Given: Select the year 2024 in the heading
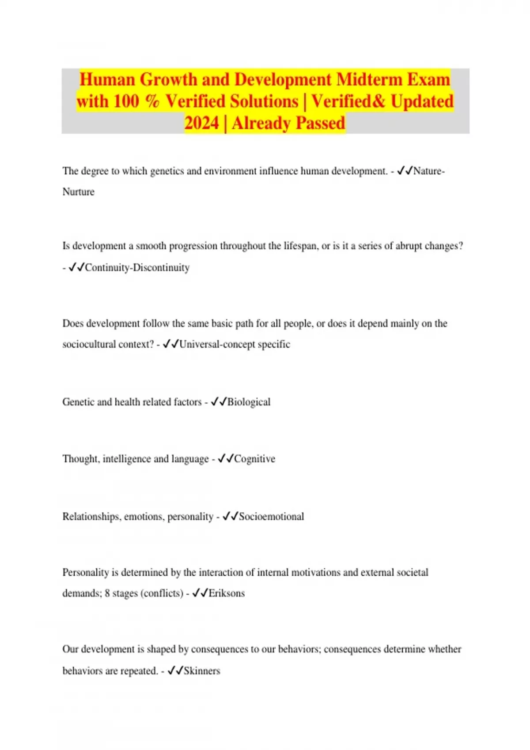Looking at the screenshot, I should tap(201, 123).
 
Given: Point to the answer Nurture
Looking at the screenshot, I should tap(78, 192).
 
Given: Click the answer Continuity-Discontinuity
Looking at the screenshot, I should tap(137, 268).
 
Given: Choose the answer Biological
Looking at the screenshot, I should tap(249, 402).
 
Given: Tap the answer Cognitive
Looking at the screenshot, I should tap(254, 459).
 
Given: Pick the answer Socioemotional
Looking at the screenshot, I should tap(271, 517).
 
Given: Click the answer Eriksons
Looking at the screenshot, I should tap(227, 593).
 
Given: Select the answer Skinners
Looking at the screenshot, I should tap(202, 671).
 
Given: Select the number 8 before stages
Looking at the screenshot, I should tap(107, 593).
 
